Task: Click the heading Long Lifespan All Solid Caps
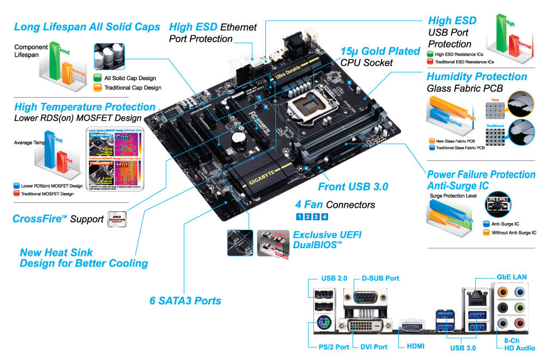click(x=87, y=27)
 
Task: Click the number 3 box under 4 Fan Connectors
click(x=316, y=217)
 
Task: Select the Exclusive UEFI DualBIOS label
click(x=327, y=240)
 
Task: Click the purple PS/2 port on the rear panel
click(x=322, y=326)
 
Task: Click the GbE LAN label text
click(x=511, y=277)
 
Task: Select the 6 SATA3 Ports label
click(x=185, y=301)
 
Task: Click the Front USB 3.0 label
click(x=353, y=187)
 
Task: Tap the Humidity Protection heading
click(x=476, y=76)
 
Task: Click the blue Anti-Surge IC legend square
click(x=487, y=223)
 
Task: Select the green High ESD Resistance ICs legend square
click(x=431, y=54)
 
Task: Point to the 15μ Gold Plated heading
click(x=380, y=51)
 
